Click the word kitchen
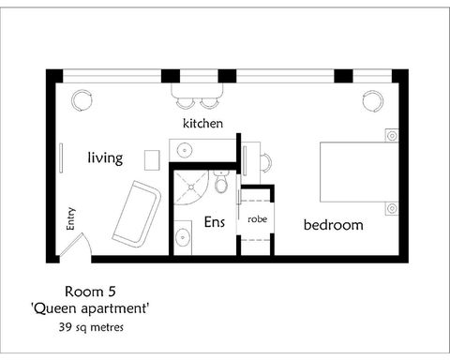point(202,123)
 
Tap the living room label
point(105,158)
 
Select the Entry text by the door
point(71,218)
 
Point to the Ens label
point(213,223)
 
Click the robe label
point(257,218)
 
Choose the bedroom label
point(332,225)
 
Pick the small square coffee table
point(152,157)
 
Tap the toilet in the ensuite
point(221,184)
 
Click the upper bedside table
point(390,135)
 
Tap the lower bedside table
point(390,207)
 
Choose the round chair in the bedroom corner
point(373,99)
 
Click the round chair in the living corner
point(82,99)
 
